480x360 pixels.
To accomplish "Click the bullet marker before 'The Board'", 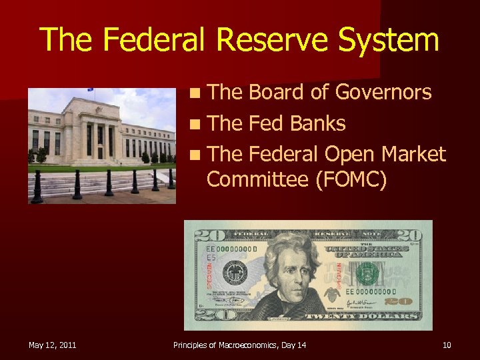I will coord(193,93).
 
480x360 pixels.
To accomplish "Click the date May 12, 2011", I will coord(52,345).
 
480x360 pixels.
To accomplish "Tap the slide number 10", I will coord(446,345).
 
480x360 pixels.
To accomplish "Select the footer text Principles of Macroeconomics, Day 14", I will coord(240,345).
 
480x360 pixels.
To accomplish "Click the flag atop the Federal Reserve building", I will coord(91,90).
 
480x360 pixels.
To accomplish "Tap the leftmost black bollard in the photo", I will coord(36,188).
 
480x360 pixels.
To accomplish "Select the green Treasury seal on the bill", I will coord(367,273).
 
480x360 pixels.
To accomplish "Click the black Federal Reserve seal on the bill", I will coord(235,273).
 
